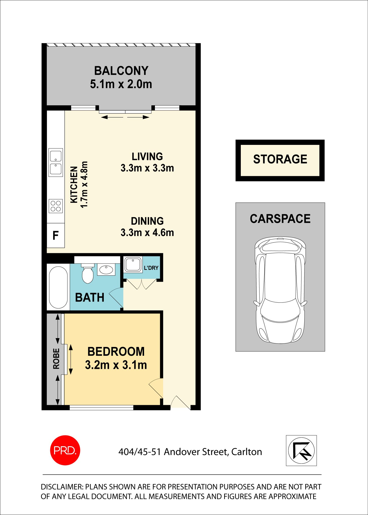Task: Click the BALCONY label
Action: point(121,71)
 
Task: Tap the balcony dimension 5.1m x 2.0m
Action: point(121,84)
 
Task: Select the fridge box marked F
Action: point(56,235)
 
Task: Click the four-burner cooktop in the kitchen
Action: point(56,206)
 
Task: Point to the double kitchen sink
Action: point(56,163)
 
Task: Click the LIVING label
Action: point(147,156)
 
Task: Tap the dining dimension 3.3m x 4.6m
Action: point(147,233)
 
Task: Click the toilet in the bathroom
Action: point(88,274)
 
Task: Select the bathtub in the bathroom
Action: point(58,287)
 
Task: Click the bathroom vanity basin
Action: point(106,270)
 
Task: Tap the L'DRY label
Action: point(151,268)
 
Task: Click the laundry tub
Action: point(133,265)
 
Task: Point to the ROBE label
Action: point(56,359)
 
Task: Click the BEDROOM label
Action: point(116,351)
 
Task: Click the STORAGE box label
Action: point(280,159)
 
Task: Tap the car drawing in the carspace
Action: point(280,290)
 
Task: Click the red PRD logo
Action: point(65,450)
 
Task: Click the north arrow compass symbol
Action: point(301,450)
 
